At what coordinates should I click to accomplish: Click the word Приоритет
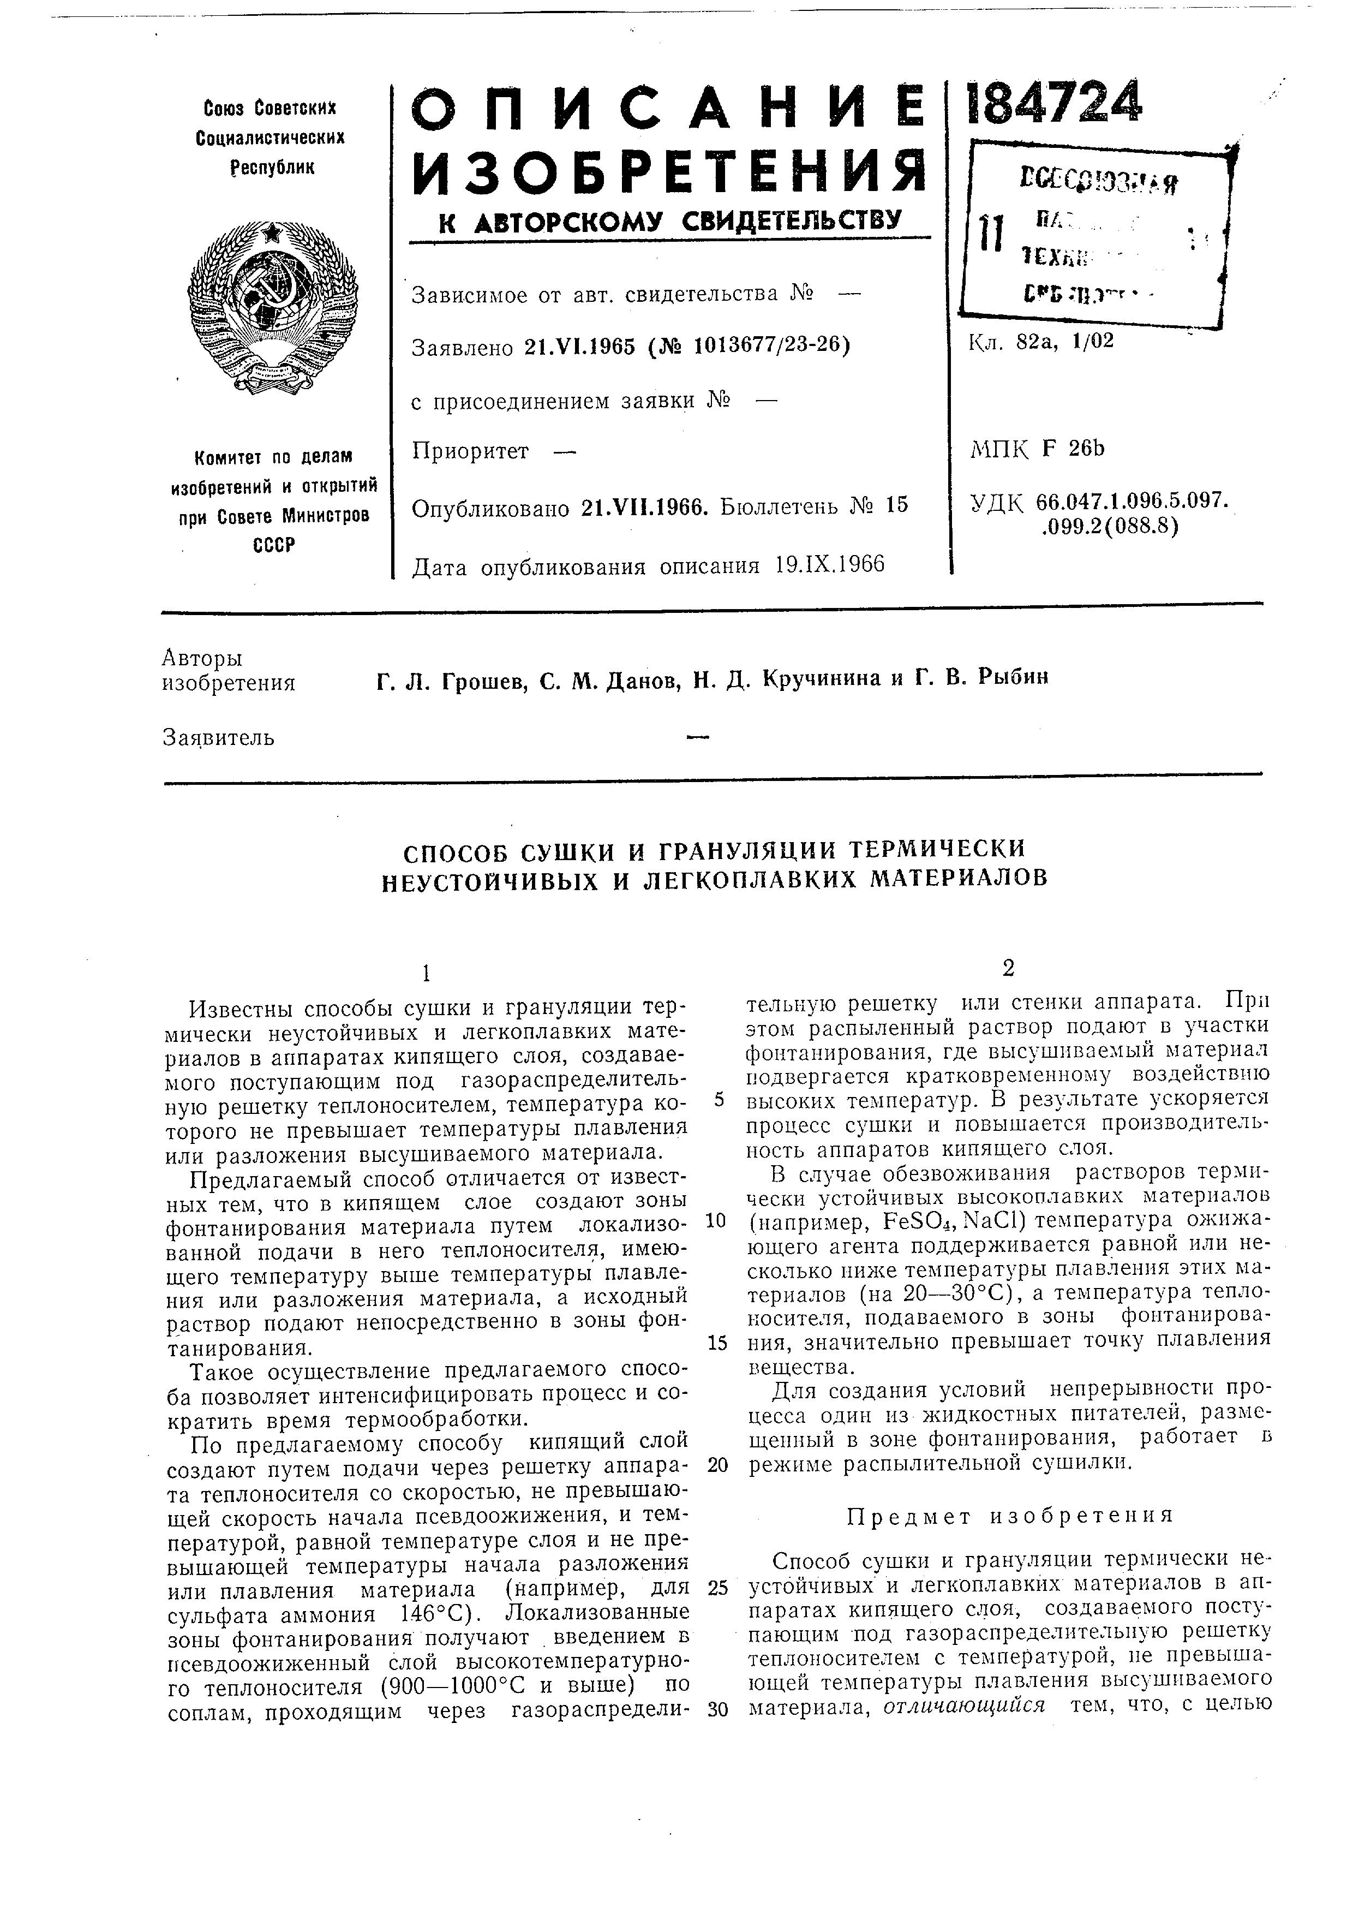coord(471,452)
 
